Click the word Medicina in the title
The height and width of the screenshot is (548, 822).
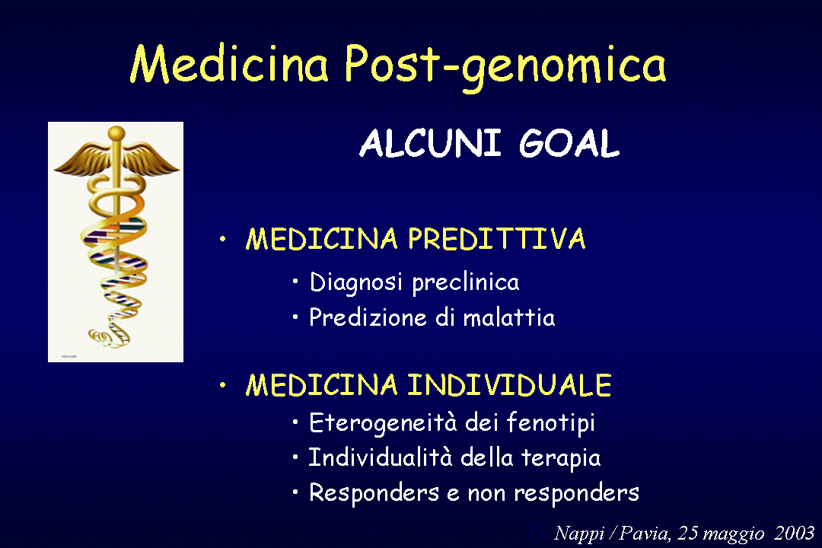[228, 63]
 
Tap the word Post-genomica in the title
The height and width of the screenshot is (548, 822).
[505, 66]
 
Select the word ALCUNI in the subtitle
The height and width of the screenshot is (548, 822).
[430, 142]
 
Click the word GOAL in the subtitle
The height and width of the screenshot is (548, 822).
[569, 142]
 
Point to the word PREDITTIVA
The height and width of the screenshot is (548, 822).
[496, 238]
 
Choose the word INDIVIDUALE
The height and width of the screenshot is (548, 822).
[509, 384]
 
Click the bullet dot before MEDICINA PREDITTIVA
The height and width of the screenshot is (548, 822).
[223, 239]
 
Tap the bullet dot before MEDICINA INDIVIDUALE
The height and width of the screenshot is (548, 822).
[223, 385]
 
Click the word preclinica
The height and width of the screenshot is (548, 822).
[466, 283]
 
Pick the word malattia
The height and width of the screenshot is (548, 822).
[509, 317]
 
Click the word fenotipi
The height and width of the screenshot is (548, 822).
[550, 422]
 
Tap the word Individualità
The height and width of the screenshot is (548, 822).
[380, 457]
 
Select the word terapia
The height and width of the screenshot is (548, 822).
[561, 458]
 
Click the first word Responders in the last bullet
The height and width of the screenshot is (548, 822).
[374, 492]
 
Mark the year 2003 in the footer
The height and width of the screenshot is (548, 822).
[794, 532]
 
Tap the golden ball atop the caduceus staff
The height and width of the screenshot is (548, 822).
[116, 133]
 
